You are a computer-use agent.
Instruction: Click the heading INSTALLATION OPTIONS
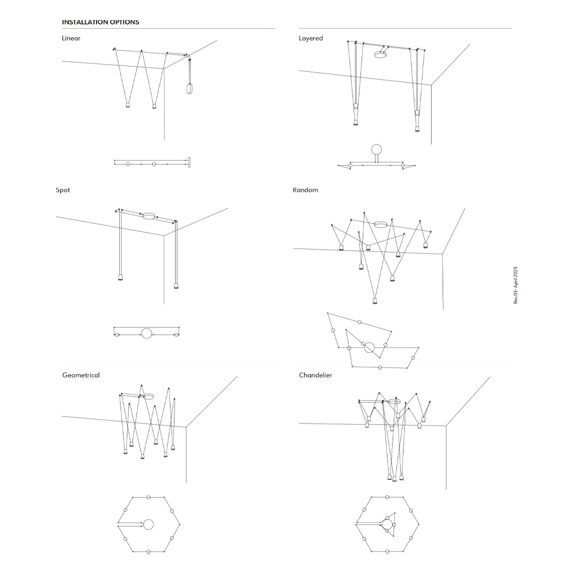click(x=100, y=22)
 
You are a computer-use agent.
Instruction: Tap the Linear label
click(x=71, y=38)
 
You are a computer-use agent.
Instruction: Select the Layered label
click(x=311, y=38)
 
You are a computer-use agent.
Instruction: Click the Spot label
click(x=63, y=190)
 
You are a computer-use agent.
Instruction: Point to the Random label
click(x=305, y=190)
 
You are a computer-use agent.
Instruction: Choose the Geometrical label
click(x=81, y=375)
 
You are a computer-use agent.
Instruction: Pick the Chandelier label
click(x=316, y=375)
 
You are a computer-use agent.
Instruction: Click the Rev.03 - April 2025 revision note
click(x=516, y=285)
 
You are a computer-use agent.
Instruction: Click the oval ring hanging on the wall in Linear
click(x=187, y=89)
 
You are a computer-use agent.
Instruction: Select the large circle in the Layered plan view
click(x=377, y=150)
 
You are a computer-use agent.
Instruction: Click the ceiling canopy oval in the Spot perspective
click(x=149, y=216)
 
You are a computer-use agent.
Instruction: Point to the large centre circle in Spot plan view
click(x=146, y=333)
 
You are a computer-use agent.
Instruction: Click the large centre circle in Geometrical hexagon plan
click(x=148, y=525)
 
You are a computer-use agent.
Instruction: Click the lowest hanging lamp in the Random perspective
click(x=374, y=301)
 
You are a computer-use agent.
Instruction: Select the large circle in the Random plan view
click(x=369, y=348)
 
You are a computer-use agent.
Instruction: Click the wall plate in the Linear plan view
click(x=189, y=162)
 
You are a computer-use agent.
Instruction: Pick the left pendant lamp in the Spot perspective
click(x=121, y=277)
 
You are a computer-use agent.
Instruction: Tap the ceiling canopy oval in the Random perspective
click(x=381, y=224)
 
